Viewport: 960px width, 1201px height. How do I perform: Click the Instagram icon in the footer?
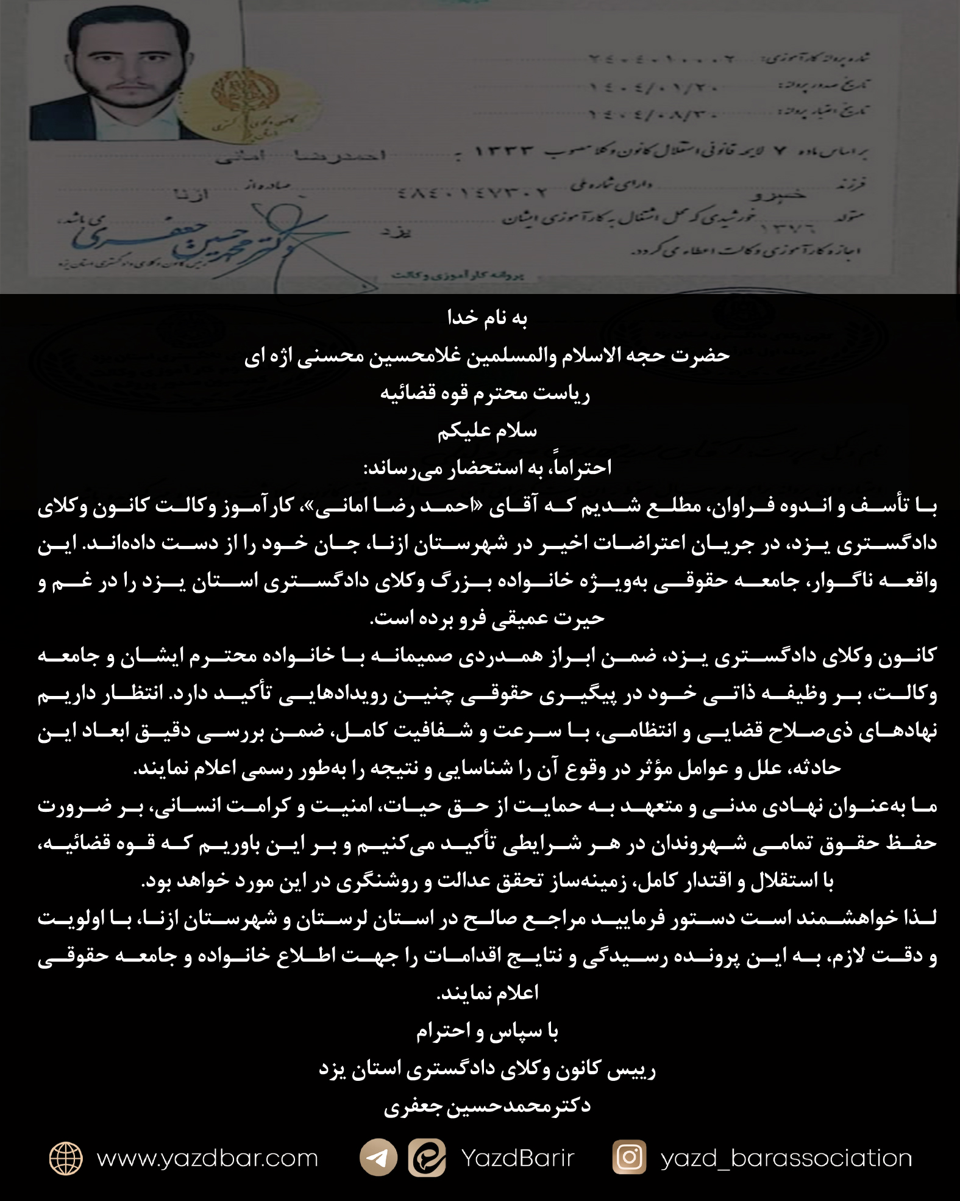pyautogui.click(x=629, y=1157)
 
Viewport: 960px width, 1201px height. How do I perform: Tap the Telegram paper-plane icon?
pyautogui.click(x=378, y=1157)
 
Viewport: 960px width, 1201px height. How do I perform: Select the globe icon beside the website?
pyautogui.click(x=66, y=1158)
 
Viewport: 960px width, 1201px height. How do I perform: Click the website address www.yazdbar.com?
pyautogui.click(x=207, y=1158)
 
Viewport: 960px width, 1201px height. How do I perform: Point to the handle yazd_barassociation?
pyautogui.click(x=786, y=1158)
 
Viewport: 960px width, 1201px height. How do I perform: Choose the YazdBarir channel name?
pyautogui.click(x=517, y=1158)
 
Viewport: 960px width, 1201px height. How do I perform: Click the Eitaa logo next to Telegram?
pyautogui.click(x=427, y=1157)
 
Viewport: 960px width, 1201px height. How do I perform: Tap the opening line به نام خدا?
pyautogui.click(x=487, y=318)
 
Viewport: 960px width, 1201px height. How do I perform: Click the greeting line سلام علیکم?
pyautogui.click(x=487, y=431)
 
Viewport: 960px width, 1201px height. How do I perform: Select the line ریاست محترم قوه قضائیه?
pyautogui.click(x=485, y=393)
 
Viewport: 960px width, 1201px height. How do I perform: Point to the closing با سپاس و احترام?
pyautogui.click(x=487, y=1031)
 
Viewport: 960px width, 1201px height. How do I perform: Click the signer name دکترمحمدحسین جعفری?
pyautogui.click(x=487, y=1106)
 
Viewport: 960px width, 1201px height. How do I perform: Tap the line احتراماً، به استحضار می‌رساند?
pyautogui.click(x=487, y=468)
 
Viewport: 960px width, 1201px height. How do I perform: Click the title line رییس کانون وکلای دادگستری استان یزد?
pyautogui.click(x=487, y=1069)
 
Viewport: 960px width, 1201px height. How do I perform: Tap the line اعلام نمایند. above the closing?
pyautogui.click(x=487, y=993)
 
